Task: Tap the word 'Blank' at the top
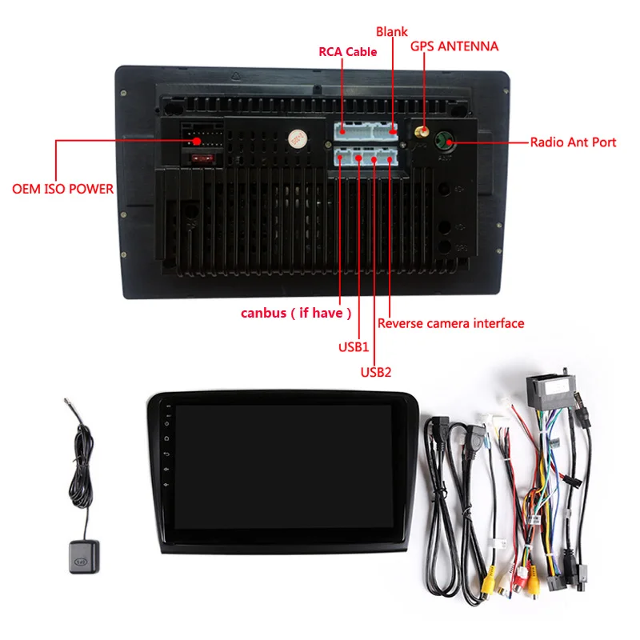(392, 32)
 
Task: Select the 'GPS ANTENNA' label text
(454, 46)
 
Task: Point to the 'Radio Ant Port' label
(573, 142)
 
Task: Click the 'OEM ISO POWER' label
(62, 190)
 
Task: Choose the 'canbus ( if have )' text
(296, 313)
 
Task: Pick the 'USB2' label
(375, 371)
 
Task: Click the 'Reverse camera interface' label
(450, 323)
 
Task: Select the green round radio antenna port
(442, 142)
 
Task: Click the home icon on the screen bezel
(166, 438)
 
